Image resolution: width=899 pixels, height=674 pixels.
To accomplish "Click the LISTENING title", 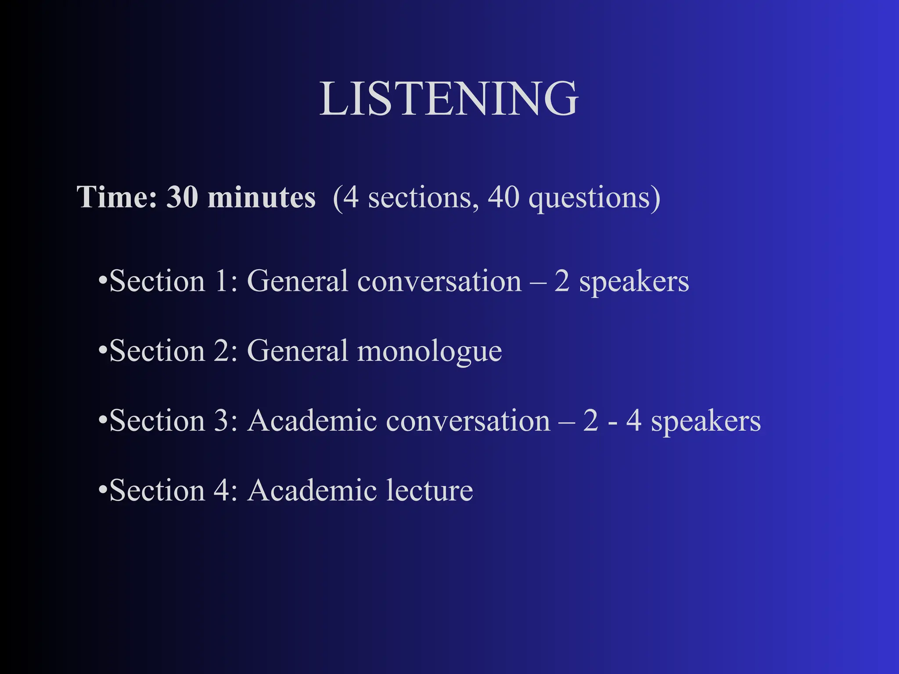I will click(x=449, y=99).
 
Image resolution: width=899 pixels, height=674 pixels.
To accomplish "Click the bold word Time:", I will click(x=117, y=197).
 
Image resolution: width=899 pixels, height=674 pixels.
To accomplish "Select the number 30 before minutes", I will click(x=182, y=197).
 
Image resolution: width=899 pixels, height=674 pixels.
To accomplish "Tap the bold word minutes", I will click(x=261, y=197).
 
